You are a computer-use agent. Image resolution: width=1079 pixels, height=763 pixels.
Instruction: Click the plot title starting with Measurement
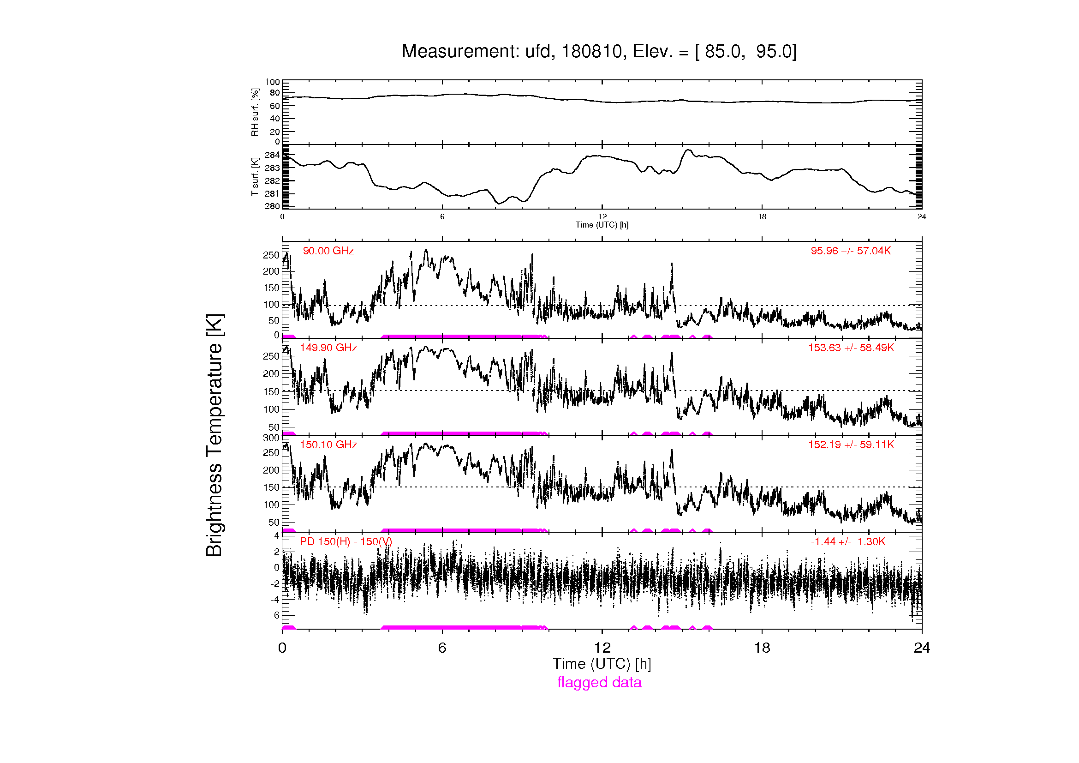[599, 52]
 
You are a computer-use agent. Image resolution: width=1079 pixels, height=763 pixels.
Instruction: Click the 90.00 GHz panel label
[328, 251]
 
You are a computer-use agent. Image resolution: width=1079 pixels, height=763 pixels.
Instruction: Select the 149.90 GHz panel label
[328, 348]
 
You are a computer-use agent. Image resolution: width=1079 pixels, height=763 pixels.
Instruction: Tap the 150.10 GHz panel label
[328, 445]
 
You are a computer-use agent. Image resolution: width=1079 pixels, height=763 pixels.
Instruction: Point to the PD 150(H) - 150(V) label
[346, 541]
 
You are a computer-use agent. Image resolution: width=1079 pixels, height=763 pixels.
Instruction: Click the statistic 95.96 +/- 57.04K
[851, 251]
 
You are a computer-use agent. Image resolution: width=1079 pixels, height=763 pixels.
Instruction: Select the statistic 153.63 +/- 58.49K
[851, 348]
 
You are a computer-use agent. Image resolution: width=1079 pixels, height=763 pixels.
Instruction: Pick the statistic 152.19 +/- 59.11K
[851, 445]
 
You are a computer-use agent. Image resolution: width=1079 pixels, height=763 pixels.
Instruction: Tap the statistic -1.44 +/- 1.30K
[848, 541]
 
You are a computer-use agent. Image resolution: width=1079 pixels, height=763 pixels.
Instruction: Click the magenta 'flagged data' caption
[599, 682]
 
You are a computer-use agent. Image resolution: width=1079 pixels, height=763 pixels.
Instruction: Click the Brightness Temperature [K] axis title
[215, 435]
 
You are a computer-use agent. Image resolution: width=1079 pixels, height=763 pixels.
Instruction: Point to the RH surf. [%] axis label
[255, 112]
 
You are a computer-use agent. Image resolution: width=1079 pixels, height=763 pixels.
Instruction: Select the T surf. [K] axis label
[255, 177]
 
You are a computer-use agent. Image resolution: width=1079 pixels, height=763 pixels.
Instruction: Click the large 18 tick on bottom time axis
[762, 648]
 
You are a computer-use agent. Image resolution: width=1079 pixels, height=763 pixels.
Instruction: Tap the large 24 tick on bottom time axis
[922, 648]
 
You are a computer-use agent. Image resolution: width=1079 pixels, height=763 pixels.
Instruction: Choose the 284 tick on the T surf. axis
[272, 155]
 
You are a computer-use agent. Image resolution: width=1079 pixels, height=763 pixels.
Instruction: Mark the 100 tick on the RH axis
[272, 82]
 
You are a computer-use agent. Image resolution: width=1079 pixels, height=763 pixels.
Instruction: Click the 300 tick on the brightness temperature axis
[271, 438]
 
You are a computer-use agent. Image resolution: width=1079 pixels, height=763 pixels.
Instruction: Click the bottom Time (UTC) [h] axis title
[602, 664]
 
